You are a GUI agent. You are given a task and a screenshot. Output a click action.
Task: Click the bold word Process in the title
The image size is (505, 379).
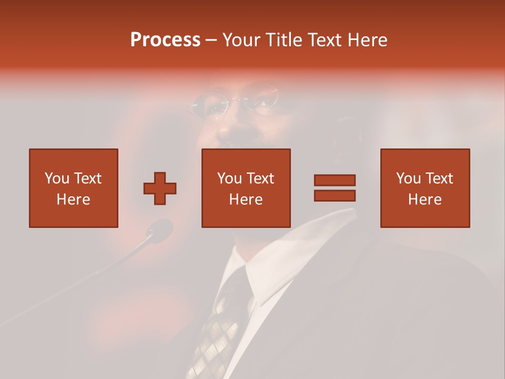click(165, 40)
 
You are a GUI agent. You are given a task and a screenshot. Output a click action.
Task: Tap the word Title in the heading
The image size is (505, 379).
click(285, 40)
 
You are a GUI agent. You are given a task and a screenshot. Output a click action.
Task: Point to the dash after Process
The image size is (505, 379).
click(211, 41)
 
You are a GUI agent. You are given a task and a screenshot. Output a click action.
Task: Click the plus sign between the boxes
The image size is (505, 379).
click(160, 188)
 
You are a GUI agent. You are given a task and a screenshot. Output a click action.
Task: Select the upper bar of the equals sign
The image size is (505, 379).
click(335, 180)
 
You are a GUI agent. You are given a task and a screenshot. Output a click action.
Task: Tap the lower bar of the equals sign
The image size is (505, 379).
click(335, 195)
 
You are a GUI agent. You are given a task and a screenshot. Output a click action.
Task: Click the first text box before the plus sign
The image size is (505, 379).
click(74, 188)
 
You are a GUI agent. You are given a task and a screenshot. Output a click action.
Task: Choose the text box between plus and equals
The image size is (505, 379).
click(246, 188)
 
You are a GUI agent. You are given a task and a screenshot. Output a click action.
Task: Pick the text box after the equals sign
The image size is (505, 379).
click(425, 188)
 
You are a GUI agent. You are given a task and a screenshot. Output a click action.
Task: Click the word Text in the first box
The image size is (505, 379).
click(87, 178)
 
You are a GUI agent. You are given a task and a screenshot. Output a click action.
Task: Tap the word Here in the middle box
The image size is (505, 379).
click(246, 200)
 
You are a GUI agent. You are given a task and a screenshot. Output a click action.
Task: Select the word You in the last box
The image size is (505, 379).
click(409, 178)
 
